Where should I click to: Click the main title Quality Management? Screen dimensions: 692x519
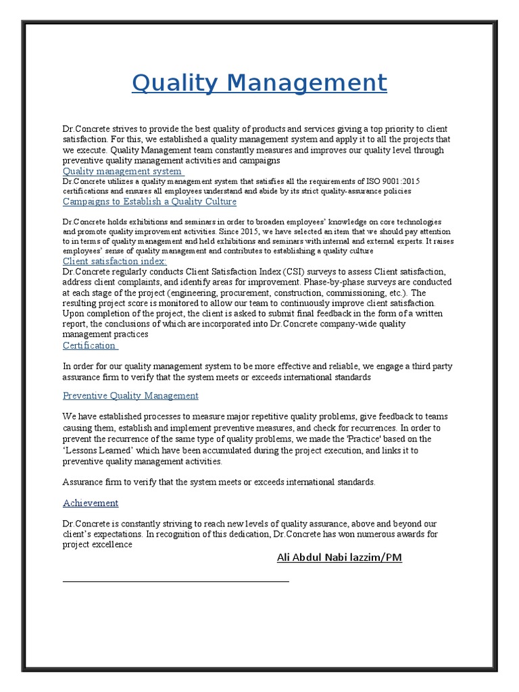click(x=259, y=82)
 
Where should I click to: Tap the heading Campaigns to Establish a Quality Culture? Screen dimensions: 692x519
click(x=149, y=201)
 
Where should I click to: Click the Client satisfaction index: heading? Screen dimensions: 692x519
click(x=114, y=261)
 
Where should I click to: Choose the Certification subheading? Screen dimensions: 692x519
click(x=90, y=345)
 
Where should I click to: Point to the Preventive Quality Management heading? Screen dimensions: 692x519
click(x=130, y=395)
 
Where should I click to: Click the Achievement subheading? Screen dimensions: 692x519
click(x=91, y=503)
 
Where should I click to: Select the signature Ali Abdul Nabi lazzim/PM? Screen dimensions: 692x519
click(x=339, y=558)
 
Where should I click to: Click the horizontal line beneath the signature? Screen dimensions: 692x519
click(x=176, y=580)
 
